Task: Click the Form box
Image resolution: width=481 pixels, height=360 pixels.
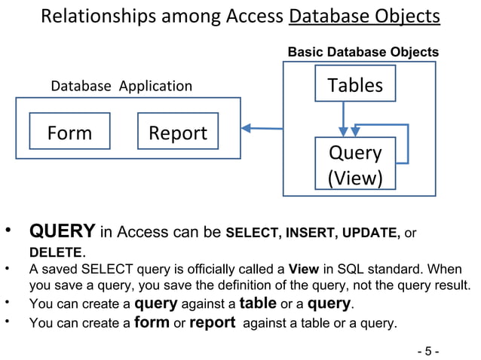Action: coord(69,133)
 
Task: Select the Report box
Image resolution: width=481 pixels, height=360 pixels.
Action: coord(178,133)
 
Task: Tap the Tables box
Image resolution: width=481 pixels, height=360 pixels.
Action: coord(354,85)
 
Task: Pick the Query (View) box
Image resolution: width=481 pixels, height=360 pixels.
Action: coord(355,164)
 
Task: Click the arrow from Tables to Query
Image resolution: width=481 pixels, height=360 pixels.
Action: coord(344,118)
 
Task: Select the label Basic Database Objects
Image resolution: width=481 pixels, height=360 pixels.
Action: coord(363,52)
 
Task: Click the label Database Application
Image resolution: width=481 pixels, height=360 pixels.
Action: coord(121,86)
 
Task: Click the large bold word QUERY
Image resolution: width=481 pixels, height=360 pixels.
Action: coord(62,230)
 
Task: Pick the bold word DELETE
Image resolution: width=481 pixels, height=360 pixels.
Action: coord(55,252)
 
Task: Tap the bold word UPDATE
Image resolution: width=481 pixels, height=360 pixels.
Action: coord(371,232)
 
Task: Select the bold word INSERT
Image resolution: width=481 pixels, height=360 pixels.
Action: coord(310,232)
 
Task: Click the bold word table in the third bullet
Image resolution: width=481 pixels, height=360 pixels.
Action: coord(258,304)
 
